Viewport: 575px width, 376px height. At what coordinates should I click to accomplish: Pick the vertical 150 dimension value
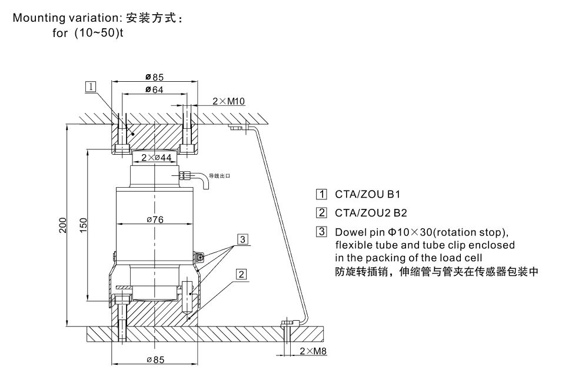click(x=84, y=224)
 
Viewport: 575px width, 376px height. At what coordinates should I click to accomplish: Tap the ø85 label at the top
click(x=154, y=76)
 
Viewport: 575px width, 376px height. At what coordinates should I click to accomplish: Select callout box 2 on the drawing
click(x=241, y=274)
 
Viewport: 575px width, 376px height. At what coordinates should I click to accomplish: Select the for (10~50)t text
click(x=88, y=32)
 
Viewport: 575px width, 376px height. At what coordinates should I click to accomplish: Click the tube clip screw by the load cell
click(x=201, y=257)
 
